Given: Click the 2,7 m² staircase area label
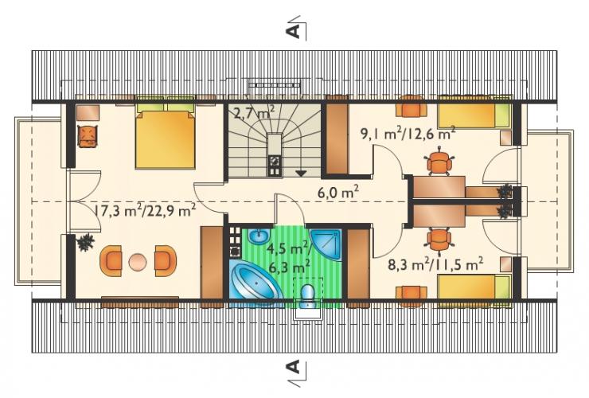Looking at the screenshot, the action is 254,112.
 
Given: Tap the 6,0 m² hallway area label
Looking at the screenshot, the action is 338,193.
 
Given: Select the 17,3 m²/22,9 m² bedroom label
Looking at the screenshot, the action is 145,211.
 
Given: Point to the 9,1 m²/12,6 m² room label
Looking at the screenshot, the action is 408,134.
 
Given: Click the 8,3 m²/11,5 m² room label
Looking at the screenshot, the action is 435,264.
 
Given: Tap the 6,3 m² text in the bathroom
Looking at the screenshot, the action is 289,267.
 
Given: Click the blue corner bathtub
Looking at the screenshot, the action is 255,280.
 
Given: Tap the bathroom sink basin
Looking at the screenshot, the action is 259,236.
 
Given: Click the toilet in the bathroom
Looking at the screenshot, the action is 308,295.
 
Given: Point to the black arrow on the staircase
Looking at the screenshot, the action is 301,174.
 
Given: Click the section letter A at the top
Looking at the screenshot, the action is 294,32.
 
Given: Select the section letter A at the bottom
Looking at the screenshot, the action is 294,366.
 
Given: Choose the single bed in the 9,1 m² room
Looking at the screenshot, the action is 475,115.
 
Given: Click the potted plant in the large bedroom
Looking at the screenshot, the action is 85,243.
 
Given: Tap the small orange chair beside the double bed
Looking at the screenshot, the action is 88,136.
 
